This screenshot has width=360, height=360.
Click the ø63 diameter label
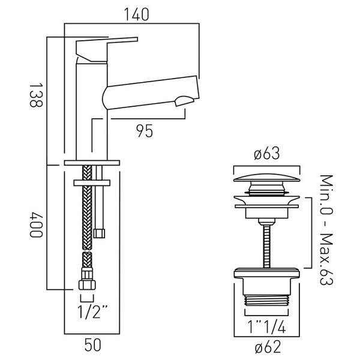tap(266, 155)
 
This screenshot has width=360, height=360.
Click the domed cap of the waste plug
tap(266, 178)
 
